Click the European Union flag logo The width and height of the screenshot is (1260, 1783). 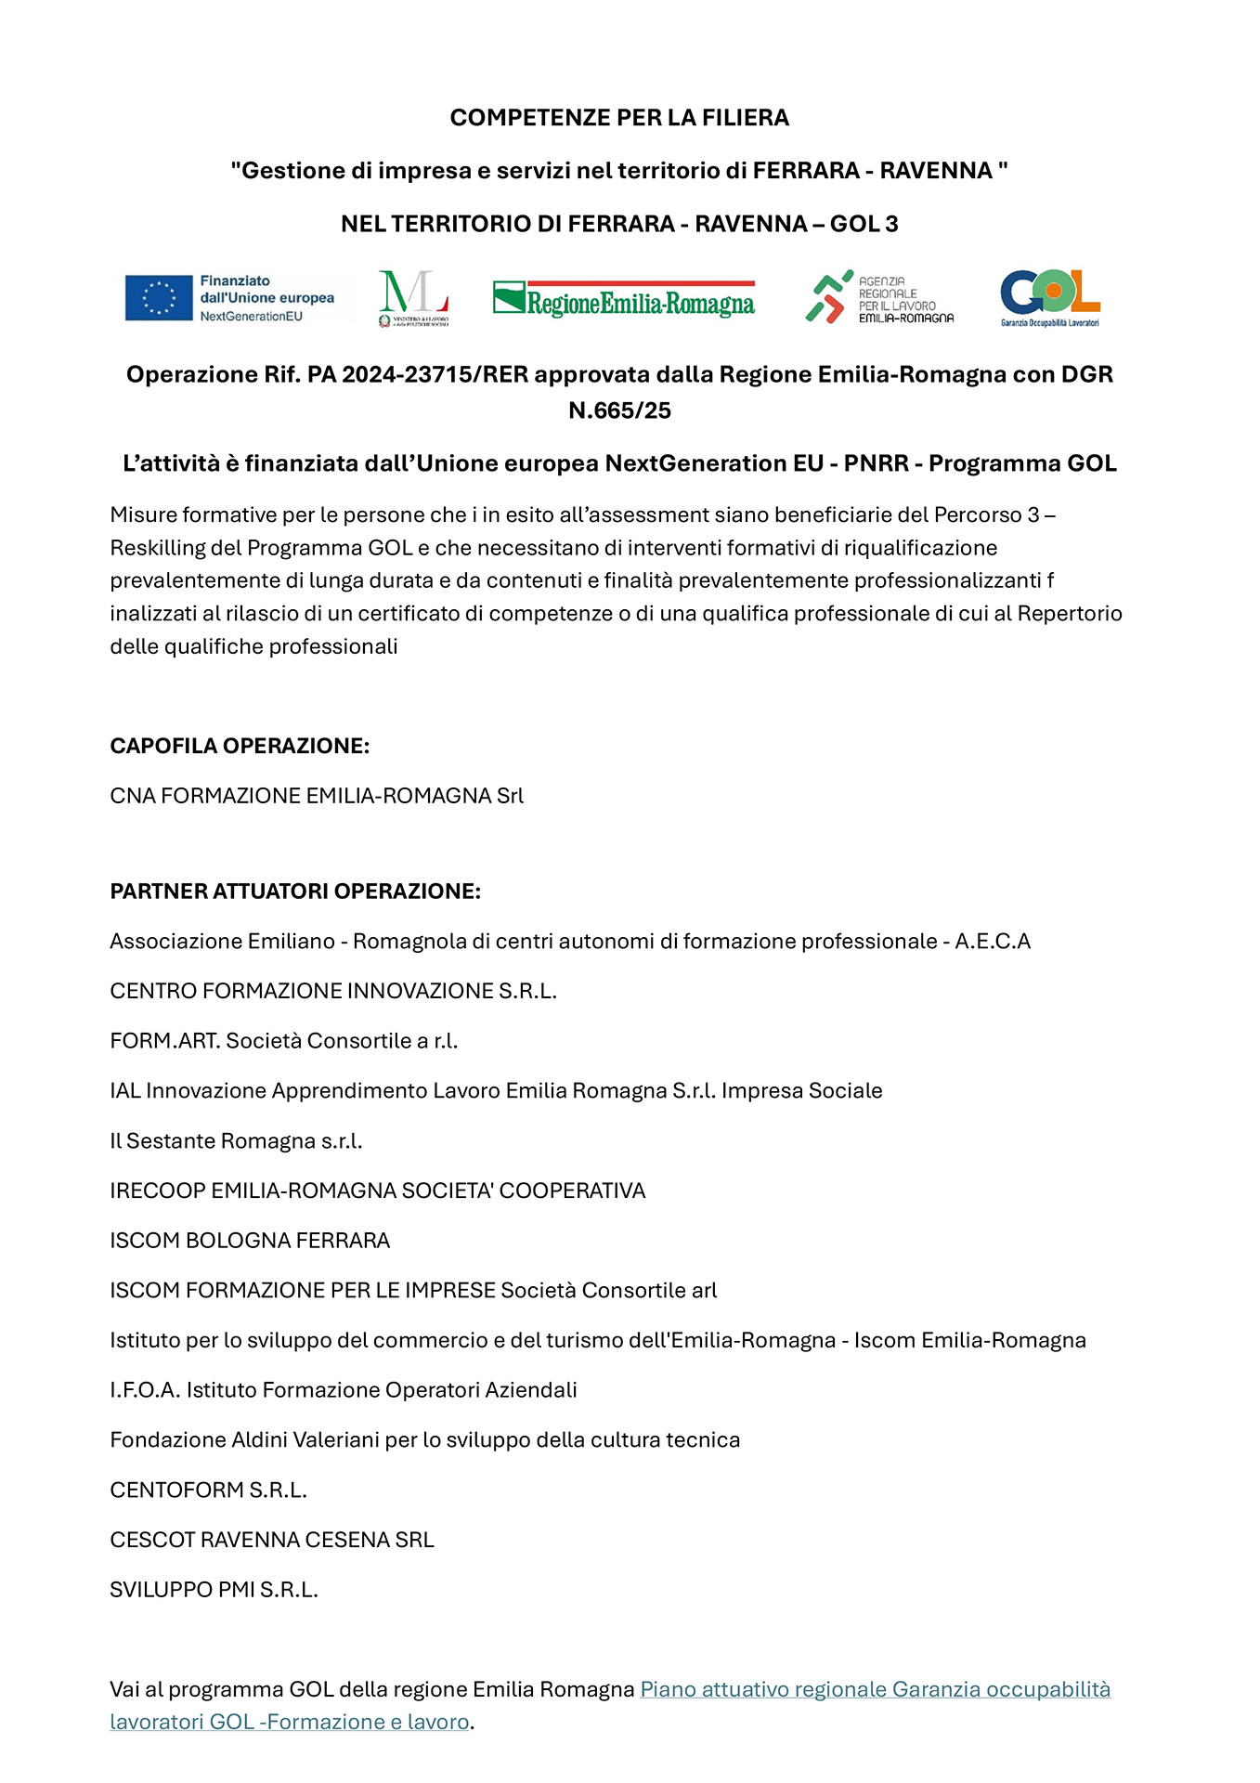click(159, 298)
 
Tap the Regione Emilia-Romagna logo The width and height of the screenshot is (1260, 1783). click(623, 300)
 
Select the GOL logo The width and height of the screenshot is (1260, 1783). click(1049, 297)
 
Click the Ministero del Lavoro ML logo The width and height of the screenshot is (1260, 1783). click(413, 297)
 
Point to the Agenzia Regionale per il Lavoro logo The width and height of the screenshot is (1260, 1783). click(878, 298)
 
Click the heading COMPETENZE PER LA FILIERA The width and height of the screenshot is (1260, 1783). click(619, 118)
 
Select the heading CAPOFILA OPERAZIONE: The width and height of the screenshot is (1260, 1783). click(240, 747)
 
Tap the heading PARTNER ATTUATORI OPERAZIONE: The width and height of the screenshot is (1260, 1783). click(295, 891)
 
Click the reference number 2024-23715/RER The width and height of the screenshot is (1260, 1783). click(435, 375)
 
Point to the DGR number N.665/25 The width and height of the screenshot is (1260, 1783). click(619, 411)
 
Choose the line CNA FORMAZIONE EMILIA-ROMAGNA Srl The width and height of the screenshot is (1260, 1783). click(317, 796)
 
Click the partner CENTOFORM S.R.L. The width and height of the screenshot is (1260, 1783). click(208, 1490)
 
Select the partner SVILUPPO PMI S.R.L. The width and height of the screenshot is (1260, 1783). click(214, 1590)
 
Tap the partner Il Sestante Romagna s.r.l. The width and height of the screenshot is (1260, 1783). click(236, 1141)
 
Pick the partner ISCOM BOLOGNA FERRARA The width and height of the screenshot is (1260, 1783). click(250, 1241)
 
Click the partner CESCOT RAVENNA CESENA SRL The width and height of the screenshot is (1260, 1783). click(272, 1540)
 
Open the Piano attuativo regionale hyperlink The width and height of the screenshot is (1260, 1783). click(875, 1689)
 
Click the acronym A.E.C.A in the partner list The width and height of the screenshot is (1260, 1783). click(993, 942)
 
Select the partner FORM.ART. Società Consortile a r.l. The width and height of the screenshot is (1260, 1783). click(284, 1041)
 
